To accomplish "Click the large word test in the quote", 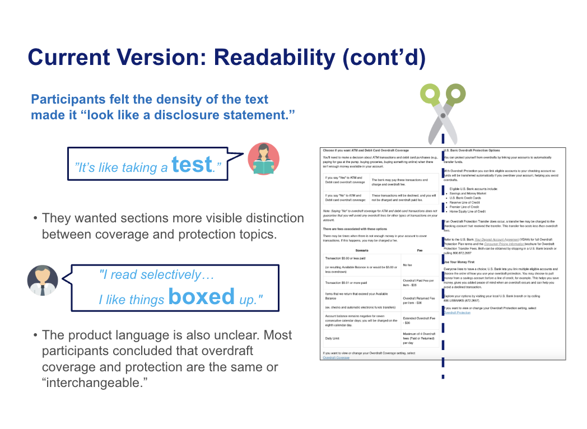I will [192, 164].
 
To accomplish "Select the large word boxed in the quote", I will [201, 296].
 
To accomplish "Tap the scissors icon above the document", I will [442, 112].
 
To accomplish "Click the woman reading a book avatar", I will [263, 159].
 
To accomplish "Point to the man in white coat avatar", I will [43, 280].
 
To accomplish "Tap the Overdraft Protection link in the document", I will [457, 313].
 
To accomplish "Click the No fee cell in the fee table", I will [408, 265].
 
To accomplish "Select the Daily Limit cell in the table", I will [336, 338].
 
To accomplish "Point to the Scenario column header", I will [361, 250].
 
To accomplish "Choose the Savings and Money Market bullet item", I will [469, 193].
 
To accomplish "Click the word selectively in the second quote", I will [170, 274].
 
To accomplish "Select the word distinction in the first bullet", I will [269, 218].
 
